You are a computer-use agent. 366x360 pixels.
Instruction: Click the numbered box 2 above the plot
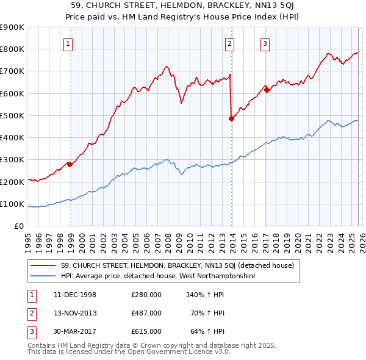pos(229,43)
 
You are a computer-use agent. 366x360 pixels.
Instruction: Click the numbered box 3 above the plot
pos(265,43)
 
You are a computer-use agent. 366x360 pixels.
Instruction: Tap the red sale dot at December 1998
pos(70,164)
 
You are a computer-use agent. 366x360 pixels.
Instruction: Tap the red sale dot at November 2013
pos(231,118)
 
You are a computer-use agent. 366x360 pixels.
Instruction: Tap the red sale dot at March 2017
pos(267,90)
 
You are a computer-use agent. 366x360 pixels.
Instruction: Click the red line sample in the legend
pos(43,265)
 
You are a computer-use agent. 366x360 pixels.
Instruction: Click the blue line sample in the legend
pos(43,276)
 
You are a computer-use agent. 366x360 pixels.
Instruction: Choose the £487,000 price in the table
pos(146,313)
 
